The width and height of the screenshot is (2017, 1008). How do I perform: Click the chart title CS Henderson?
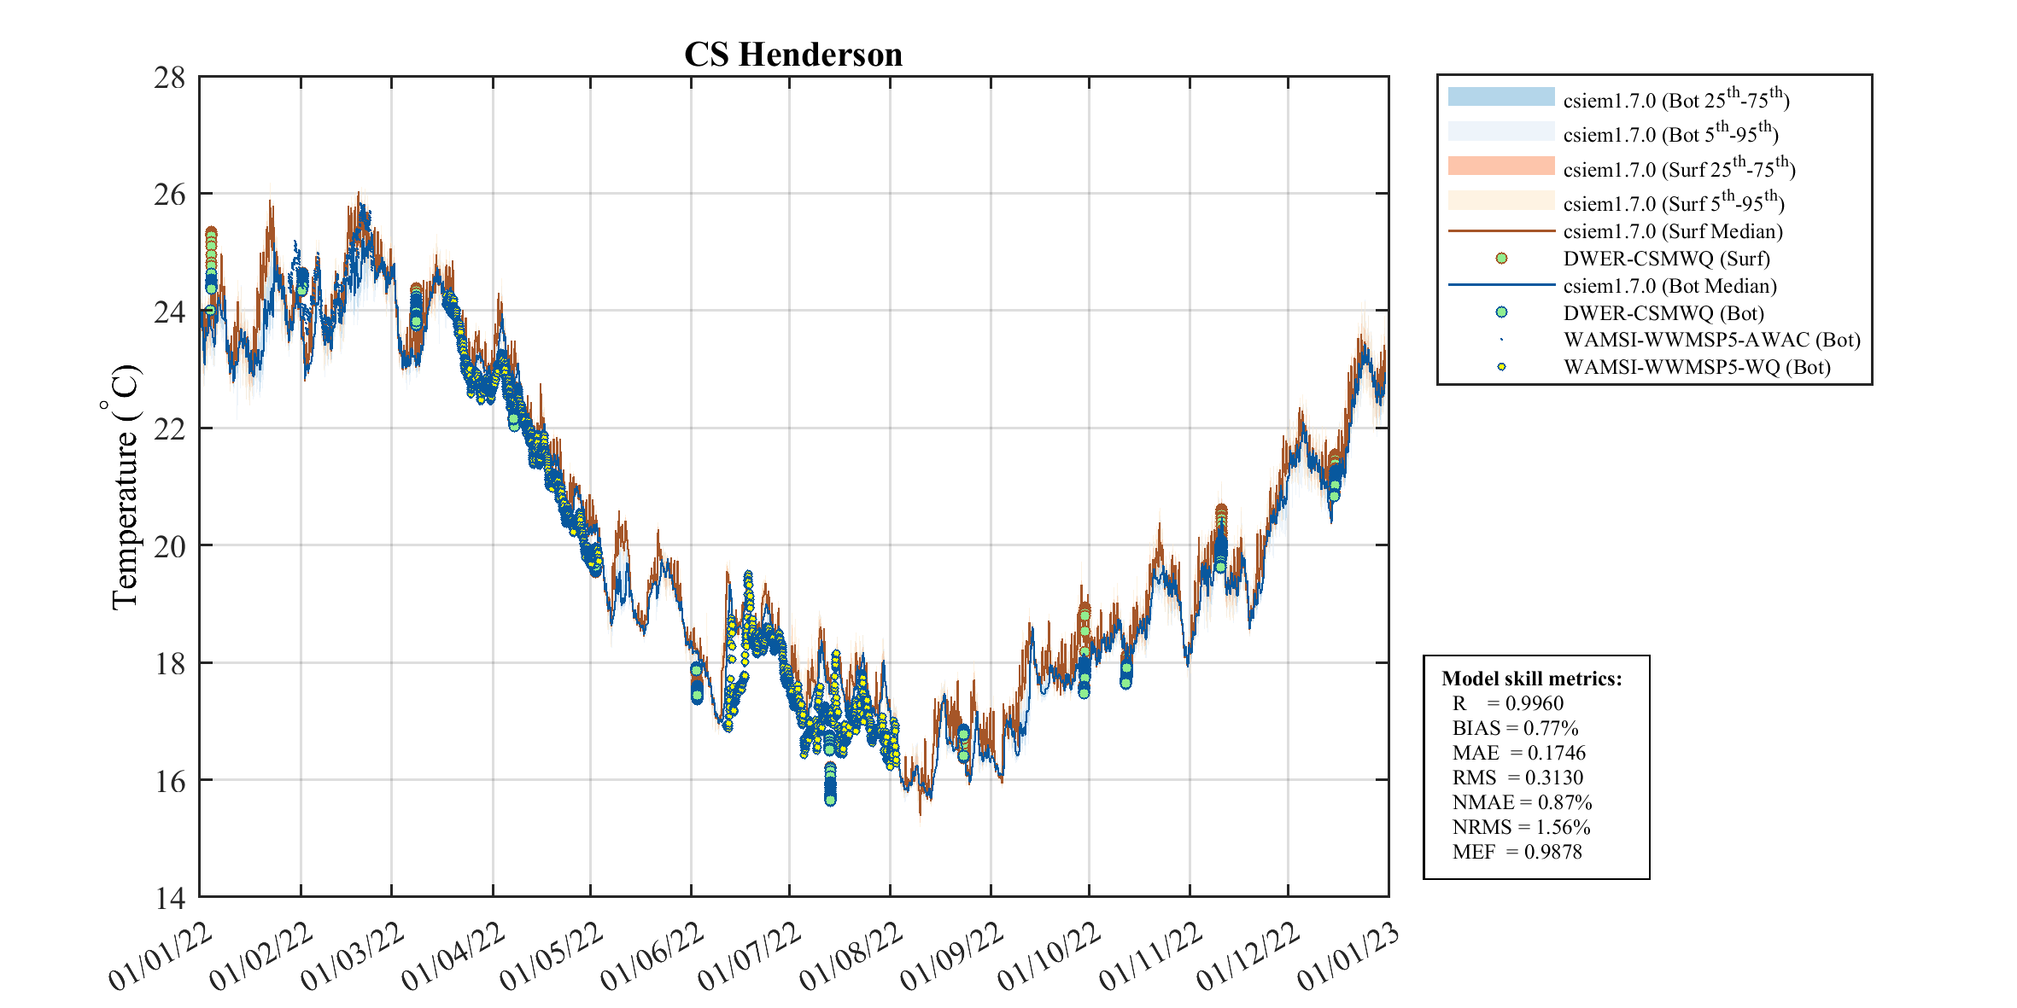[x=793, y=55]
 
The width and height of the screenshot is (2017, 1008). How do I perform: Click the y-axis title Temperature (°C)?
[x=125, y=487]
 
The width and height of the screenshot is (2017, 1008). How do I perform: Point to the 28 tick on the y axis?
[x=169, y=78]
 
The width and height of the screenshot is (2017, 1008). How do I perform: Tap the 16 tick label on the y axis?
[x=169, y=781]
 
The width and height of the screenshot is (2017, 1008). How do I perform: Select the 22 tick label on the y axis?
[x=169, y=429]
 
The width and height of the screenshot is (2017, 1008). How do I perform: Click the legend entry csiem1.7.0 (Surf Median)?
[x=1673, y=231]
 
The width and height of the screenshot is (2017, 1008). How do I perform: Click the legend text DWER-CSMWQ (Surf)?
[x=1666, y=259]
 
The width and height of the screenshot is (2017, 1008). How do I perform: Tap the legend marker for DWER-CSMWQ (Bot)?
[x=1501, y=312]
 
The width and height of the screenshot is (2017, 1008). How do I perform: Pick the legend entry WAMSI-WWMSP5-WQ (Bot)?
[x=1697, y=367]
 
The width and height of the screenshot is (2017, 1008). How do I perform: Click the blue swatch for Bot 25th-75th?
[x=1501, y=97]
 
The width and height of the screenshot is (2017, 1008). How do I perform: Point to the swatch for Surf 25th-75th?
[x=1501, y=166]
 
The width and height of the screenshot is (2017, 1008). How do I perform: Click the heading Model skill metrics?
[x=1531, y=679]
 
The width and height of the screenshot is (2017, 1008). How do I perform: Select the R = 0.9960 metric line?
[x=1508, y=703]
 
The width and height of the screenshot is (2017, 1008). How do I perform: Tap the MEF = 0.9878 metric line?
[x=1517, y=852]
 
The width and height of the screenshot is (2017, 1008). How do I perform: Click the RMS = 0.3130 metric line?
[x=1517, y=778]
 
